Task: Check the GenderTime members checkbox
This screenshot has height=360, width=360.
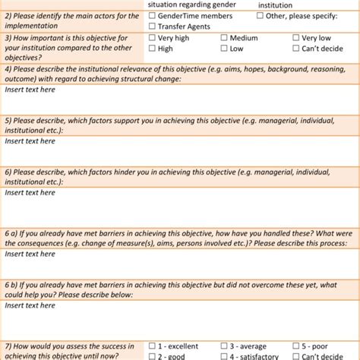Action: (153, 15)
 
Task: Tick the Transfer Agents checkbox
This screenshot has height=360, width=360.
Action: (153, 26)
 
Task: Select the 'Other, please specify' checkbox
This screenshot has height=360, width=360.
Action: (261, 15)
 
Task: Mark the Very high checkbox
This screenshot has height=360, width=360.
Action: (153, 37)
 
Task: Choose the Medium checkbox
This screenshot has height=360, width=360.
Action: (225, 37)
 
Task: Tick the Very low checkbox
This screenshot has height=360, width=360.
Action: (296, 37)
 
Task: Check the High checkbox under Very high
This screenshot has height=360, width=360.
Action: (153, 49)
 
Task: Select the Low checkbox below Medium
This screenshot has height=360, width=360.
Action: (225, 49)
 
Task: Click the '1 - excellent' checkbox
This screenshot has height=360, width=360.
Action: (153, 346)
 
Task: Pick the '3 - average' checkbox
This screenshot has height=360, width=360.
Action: (225, 346)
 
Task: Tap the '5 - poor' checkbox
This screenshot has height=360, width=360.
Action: (296, 346)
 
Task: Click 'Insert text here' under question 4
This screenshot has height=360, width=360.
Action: (30, 90)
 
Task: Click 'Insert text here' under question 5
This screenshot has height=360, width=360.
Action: (30, 141)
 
